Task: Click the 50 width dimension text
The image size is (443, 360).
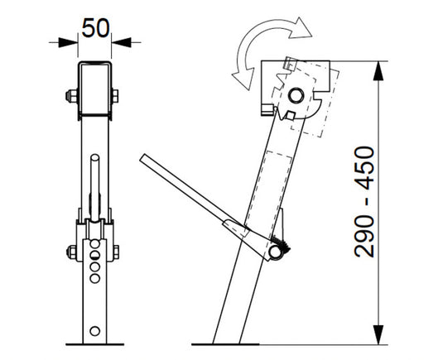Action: point(96,27)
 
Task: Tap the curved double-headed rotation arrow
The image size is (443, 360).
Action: point(270,50)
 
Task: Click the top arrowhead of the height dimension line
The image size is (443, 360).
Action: point(382,66)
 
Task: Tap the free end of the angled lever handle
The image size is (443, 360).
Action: point(144,156)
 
